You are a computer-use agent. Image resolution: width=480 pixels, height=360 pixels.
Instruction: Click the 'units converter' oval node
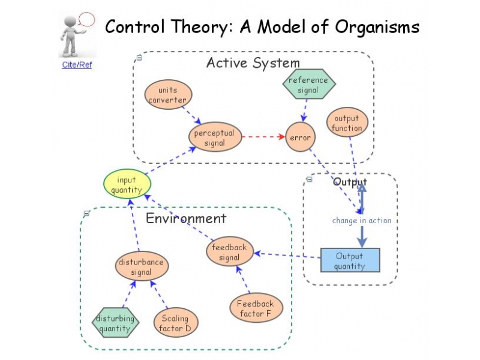167,95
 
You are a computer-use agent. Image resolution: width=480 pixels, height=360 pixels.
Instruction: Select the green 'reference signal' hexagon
308,85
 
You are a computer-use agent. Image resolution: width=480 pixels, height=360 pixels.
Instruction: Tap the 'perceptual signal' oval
214,137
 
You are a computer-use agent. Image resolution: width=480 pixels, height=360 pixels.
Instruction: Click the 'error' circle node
300,137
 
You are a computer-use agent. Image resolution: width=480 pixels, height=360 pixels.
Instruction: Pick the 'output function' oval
347,123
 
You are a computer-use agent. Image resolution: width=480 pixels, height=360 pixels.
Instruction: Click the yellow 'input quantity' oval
127,184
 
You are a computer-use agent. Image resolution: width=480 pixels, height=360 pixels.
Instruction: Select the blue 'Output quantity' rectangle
349,260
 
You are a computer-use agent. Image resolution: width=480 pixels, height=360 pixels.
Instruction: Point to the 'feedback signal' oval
229,252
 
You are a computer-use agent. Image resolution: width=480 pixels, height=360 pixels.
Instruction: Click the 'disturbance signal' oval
141,267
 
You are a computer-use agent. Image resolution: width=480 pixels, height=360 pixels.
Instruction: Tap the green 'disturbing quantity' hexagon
115,323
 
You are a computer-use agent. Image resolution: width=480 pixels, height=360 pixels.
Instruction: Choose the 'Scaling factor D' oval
175,323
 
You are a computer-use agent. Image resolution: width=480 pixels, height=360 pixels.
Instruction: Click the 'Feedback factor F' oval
255,308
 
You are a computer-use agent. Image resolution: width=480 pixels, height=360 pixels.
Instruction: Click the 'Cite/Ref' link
77,65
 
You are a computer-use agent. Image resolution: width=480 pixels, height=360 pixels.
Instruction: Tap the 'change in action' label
361,220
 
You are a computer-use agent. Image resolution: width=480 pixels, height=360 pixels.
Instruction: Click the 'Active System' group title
253,63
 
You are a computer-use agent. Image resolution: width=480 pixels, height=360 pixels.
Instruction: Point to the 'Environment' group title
186,218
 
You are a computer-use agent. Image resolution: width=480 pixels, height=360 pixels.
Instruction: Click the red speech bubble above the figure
87,19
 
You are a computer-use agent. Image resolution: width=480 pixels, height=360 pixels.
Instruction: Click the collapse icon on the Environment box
87,213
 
